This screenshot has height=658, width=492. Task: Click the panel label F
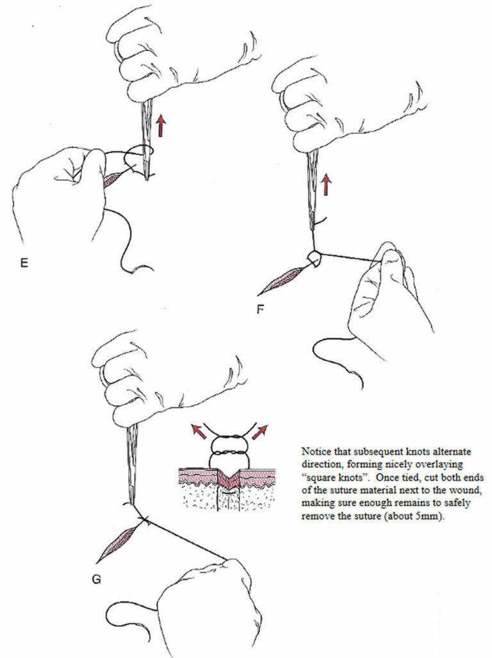260,308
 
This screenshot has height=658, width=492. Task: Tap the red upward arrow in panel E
161,124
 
